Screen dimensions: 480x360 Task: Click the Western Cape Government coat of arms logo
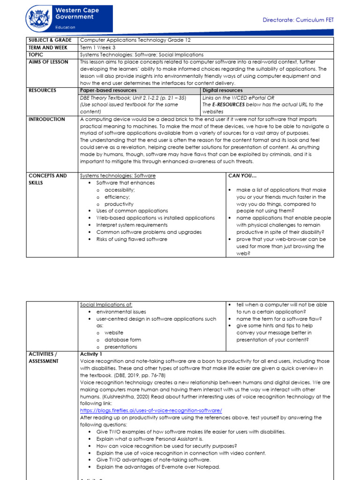[x=39, y=19]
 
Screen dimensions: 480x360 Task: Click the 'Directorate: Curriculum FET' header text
[x=298, y=20]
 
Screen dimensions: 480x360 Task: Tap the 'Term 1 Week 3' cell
[x=97, y=48]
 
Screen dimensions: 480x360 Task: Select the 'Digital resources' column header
[x=223, y=90]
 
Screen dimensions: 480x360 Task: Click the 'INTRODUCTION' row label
[x=47, y=119]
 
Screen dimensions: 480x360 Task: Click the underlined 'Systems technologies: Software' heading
[x=118, y=176]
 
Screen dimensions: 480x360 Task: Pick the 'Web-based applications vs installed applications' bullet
[x=155, y=218]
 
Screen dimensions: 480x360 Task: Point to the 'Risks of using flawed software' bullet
[x=131, y=239]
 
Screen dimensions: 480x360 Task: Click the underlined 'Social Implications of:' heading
[x=106, y=305]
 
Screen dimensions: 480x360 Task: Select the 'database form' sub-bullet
[x=122, y=340]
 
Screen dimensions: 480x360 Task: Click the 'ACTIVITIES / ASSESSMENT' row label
[x=44, y=358]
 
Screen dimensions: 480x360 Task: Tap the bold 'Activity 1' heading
[x=91, y=354]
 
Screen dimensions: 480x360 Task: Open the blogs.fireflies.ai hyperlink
[x=151, y=411]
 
